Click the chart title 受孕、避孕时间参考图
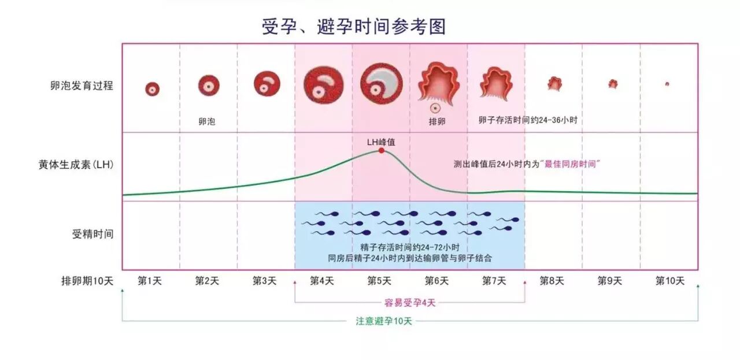[354, 27]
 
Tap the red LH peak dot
[382, 150]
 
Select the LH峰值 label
[381, 141]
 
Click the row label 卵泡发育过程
[82, 86]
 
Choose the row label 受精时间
[92, 234]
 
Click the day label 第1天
[150, 281]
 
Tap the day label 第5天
[380, 281]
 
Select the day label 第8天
[552, 281]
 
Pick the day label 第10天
[669, 281]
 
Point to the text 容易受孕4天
[410, 303]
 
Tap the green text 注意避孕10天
[384, 321]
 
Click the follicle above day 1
[152, 88]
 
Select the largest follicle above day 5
[382, 84]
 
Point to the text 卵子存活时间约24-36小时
[528, 121]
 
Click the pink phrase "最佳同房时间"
[571, 164]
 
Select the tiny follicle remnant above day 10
[667, 84]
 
